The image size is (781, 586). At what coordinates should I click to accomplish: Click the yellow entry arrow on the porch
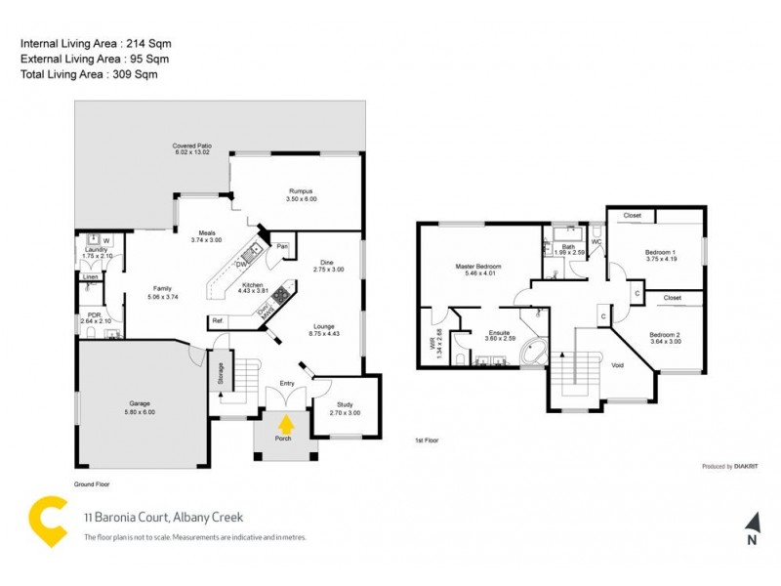click(286, 424)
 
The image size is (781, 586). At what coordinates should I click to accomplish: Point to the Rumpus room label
click(300, 194)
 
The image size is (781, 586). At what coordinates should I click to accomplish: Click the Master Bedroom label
click(477, 270)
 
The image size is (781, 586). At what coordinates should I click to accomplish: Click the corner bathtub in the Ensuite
click(532, 353)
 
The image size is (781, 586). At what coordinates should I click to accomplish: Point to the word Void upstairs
click(616, 365)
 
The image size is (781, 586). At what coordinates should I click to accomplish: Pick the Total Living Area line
click(89, 74)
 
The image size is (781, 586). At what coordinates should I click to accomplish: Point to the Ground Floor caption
click(98, 483)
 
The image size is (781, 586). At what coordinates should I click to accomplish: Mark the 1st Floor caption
click(428, 441)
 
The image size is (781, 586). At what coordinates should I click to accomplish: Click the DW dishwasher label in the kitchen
click(240, 264)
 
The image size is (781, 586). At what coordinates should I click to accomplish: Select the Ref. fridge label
click(218, 320)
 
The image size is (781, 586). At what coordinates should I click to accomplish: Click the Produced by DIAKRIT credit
click(730, 467)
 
